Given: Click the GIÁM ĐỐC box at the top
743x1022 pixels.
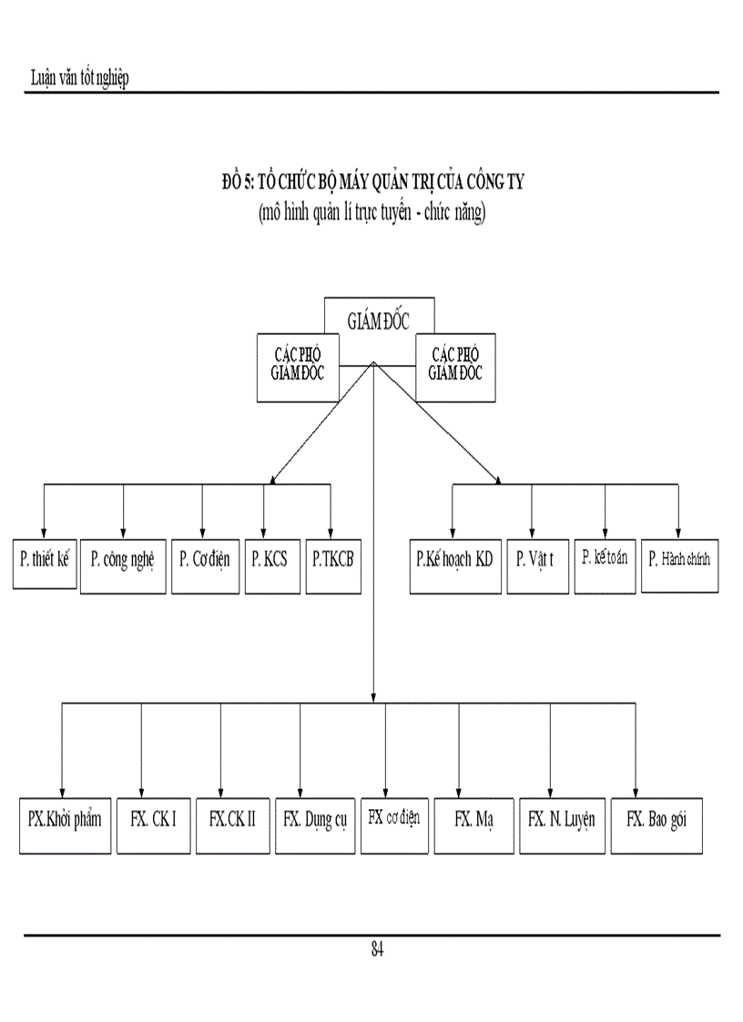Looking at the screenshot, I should [379, 321].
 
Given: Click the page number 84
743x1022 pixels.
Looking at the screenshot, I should [377, 950].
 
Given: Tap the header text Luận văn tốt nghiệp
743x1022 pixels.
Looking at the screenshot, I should [80, 78].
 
